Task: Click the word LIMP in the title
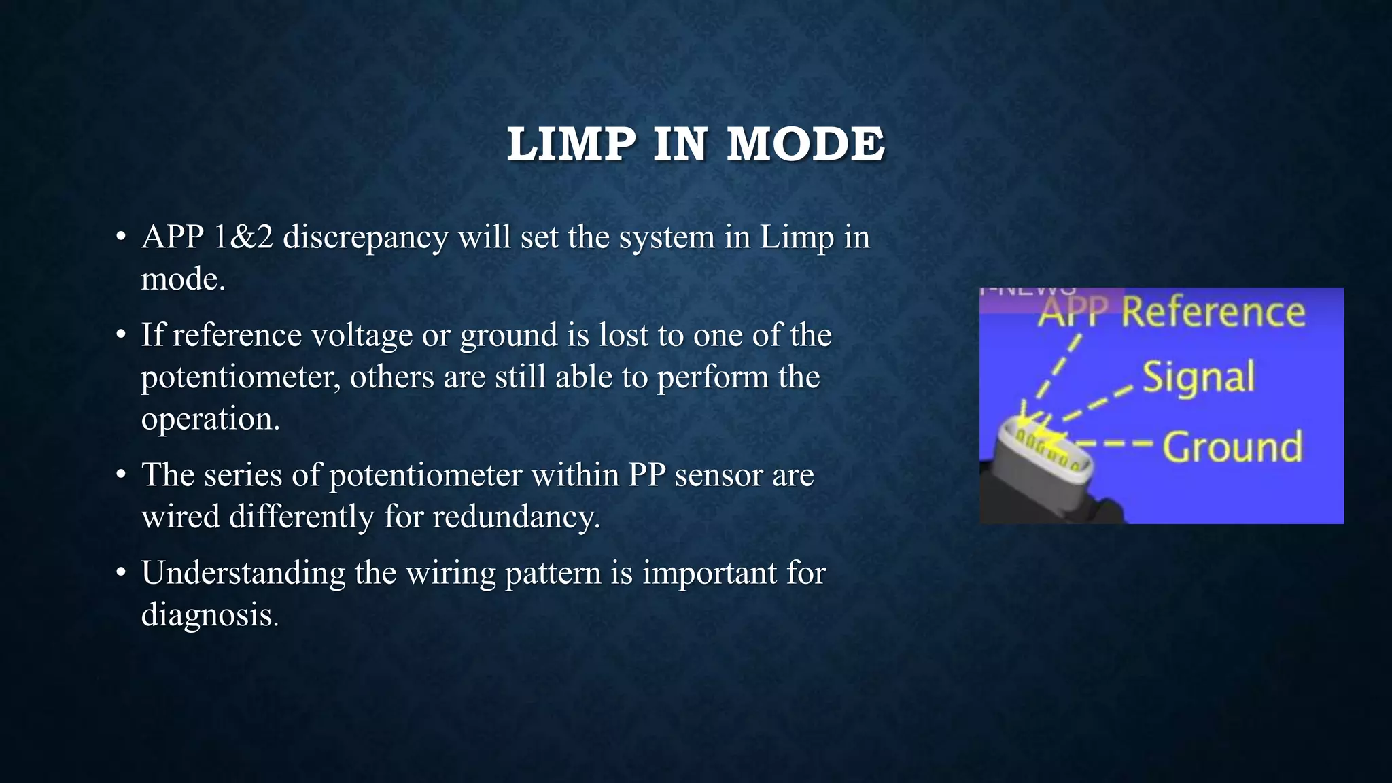click(571, 145)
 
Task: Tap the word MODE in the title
click(805, 145)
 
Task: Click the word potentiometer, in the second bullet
click(241, 377)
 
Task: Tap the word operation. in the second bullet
click(210, 419)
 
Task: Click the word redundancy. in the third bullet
click(517, 517)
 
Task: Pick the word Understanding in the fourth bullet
click(243, 573)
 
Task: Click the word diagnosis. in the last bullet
click(210, 614)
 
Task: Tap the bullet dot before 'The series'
click(121, 474)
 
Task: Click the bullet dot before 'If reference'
click(121, 334)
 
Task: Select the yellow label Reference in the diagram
click(1213, 313)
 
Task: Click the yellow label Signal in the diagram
click(1198, 378)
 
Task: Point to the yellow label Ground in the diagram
click(1232, 447)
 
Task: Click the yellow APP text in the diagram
click(1073, 313)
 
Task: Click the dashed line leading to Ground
click(1118, 445)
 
